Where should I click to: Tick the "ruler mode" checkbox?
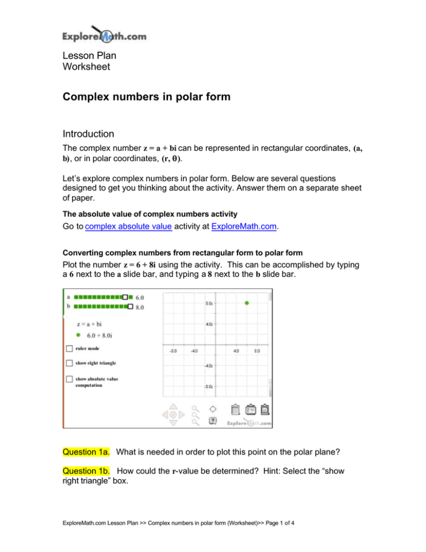point(69,349)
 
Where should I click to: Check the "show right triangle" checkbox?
point(69,363)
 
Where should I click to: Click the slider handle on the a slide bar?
point(126,297)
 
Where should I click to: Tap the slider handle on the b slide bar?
point(130,306)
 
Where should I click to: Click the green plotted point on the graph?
point(247,303)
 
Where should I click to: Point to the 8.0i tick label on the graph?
point(210,303)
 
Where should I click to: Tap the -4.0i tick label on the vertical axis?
point(209,366)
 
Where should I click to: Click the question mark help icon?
point(212,421)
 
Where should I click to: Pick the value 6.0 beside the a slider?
point(140,297)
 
